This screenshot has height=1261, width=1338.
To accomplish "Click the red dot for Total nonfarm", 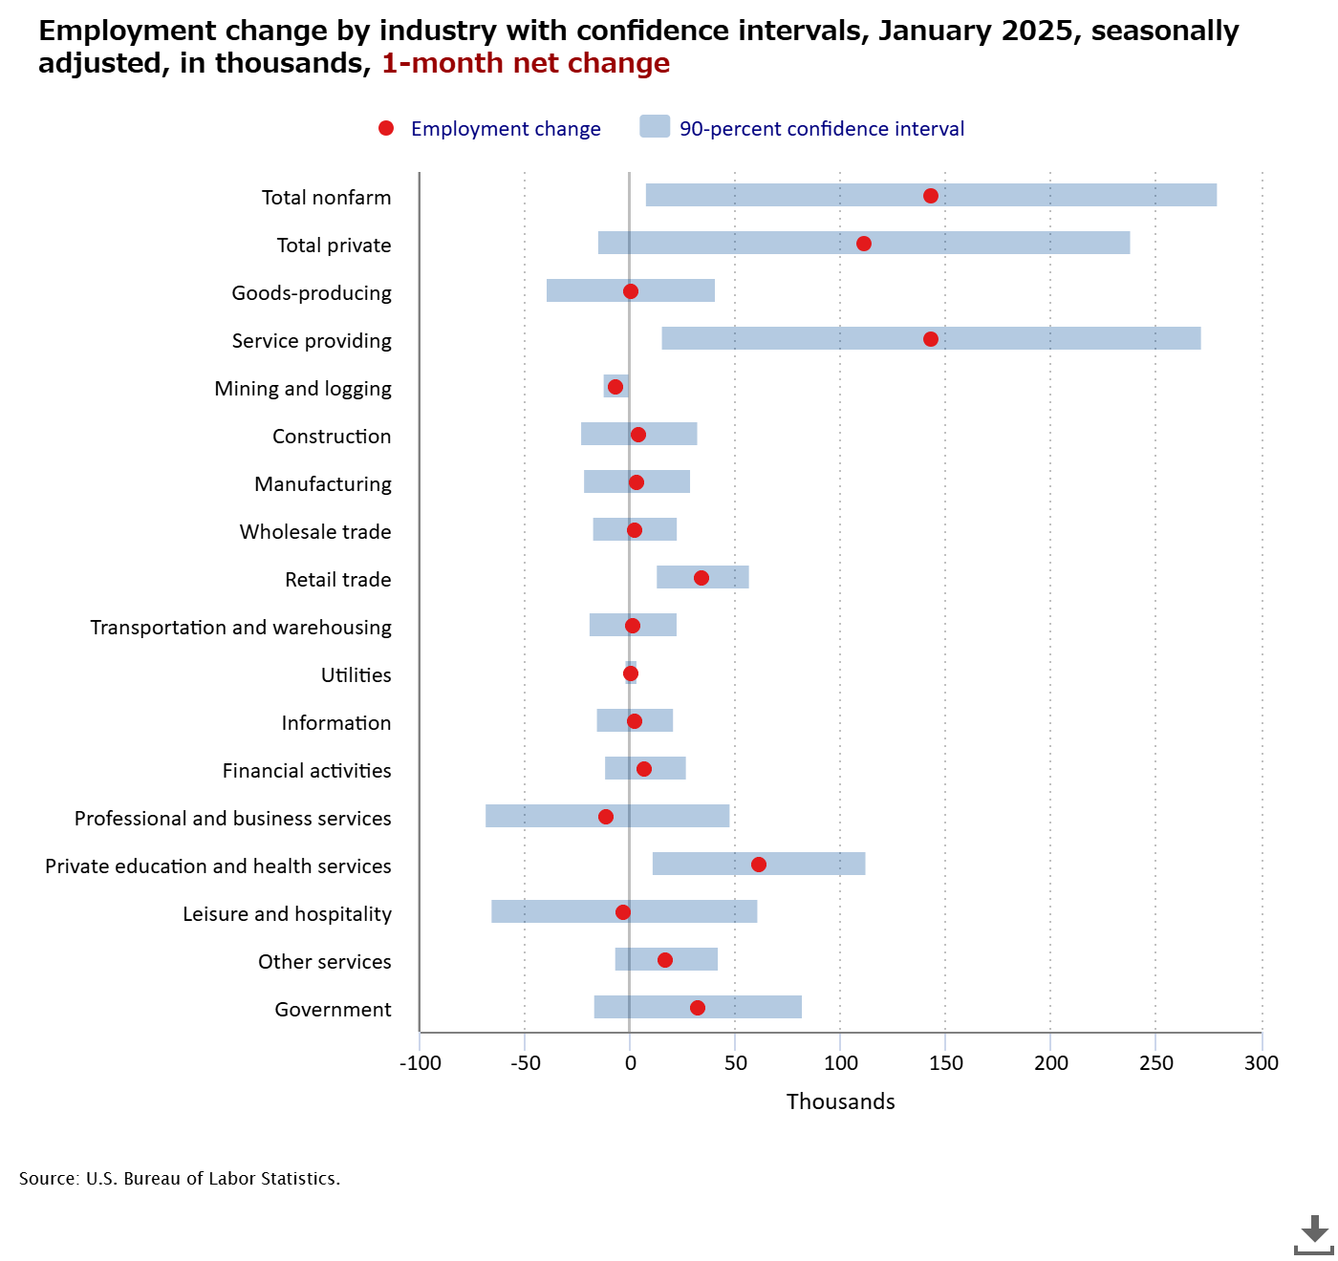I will coord(931,196).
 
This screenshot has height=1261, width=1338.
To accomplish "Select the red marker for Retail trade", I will coord(701,578).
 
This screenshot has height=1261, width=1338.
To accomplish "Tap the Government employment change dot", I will coord(698,1008).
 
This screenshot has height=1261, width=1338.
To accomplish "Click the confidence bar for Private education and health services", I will coord(812,864).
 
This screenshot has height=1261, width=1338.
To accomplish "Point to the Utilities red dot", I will coord(631,673).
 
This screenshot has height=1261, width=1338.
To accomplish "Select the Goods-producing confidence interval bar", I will coord(669,290).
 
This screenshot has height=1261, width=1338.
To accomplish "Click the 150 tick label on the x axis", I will coord(946,1063).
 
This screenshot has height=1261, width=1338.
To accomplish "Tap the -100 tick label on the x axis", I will coord(421,1063).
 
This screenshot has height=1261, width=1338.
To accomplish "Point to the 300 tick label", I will coord(1262,1063).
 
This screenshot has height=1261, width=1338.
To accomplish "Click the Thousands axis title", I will coord(841,1101).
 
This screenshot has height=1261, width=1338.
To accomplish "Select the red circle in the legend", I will coord(386,128).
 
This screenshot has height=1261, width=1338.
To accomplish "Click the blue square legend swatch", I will coord(655,126).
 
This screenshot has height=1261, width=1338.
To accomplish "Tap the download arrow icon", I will coord(1314,1234).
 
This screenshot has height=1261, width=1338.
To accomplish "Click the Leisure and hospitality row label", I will coord(287,914).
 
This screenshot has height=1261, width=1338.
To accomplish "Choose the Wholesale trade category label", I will coord(315,532).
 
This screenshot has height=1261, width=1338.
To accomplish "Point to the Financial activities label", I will coord(307,771).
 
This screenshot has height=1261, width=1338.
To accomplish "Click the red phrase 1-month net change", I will coord(526,63).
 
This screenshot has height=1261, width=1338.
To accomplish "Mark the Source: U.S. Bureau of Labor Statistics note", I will coord(180,1179).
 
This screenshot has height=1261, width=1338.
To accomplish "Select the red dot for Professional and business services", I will coord(606,817).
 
